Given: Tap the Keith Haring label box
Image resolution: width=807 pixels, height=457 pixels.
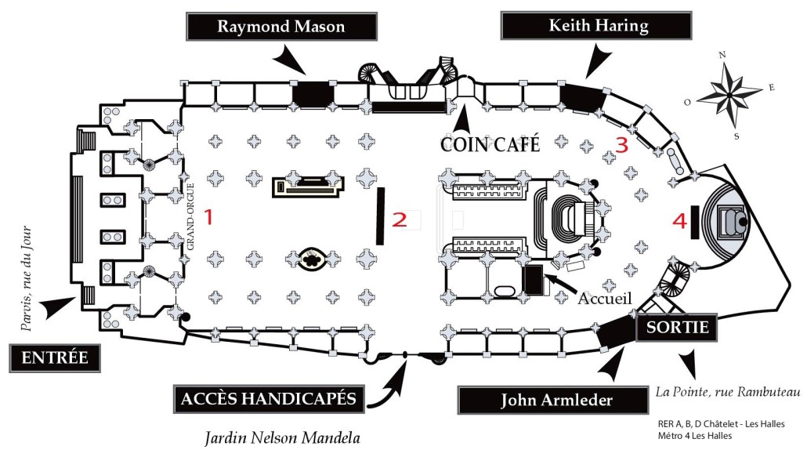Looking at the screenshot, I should click(598, 26).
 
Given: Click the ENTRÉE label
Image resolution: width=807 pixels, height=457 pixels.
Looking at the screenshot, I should click(54, 359).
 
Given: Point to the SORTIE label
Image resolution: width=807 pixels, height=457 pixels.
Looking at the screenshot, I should click(678, 328).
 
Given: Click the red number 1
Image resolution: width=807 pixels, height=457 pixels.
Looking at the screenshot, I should click(208, 217).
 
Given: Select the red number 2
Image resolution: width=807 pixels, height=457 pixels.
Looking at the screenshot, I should click(400, 220).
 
